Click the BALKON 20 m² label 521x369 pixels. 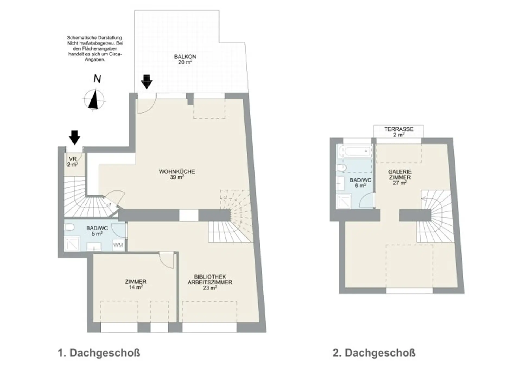185,60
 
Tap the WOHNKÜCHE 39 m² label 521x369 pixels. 177,174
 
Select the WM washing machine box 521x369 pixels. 118,245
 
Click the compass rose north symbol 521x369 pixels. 94,100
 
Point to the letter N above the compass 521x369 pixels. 97,79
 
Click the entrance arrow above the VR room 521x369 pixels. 74,137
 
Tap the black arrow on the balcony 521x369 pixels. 147,82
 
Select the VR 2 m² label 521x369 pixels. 73,162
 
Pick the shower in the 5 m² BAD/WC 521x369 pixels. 72,244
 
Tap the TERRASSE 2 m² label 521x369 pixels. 399,132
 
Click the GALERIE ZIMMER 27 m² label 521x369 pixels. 400,177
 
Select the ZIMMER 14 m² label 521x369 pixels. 136,284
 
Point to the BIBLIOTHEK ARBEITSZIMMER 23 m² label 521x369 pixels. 210,282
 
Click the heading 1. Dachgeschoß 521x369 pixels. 99,353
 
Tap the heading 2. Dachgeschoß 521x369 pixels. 374,353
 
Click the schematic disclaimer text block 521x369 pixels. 95,49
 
